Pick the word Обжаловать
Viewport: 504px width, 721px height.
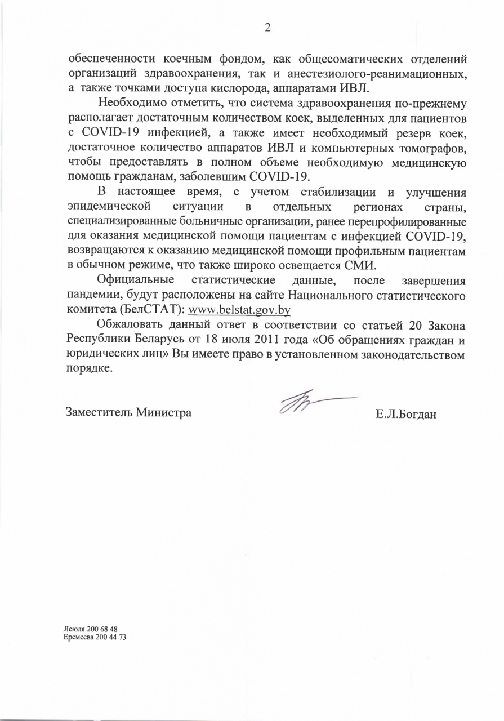coord(132,324)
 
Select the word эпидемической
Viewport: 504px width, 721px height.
coord(108,206)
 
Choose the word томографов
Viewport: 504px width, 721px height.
coord(432,147)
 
